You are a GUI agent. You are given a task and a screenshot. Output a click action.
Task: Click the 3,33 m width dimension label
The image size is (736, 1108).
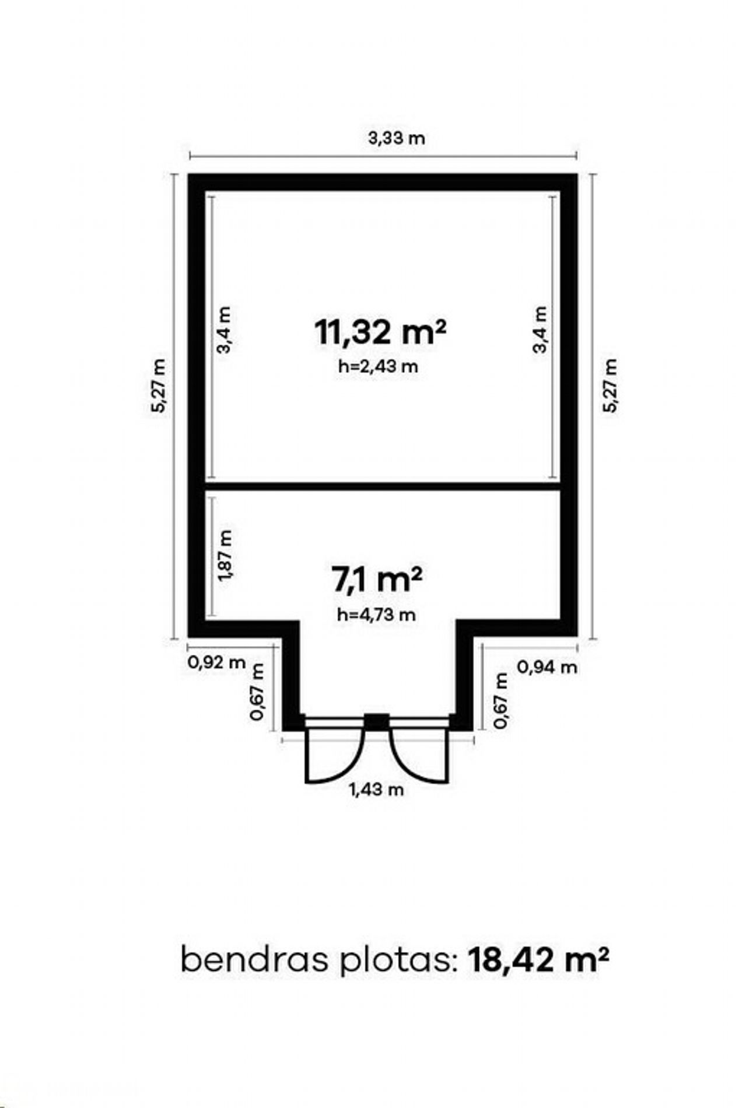coord(396,138)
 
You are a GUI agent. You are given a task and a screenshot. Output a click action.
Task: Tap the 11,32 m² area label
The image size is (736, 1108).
coord(380,332)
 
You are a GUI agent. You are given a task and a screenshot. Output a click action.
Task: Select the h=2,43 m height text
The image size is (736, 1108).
coord(378,367)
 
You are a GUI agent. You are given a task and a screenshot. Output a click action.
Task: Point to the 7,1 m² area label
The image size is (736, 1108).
coord(376,580)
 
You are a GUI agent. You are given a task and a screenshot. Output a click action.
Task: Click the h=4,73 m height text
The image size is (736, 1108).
coord(377,615)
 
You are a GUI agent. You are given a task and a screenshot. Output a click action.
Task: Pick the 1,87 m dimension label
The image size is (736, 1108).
coord(225,555)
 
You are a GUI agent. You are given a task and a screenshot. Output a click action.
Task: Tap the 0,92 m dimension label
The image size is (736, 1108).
coord(217,662)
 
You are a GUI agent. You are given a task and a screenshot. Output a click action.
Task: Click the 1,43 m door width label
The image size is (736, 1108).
coord(376,790)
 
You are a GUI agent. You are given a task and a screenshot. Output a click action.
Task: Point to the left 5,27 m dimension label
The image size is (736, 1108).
coord(158,385)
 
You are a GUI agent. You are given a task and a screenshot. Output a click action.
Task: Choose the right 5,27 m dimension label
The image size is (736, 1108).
coord(609,385)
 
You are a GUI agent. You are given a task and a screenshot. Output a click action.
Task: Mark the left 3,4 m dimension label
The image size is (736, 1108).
coord(225,330)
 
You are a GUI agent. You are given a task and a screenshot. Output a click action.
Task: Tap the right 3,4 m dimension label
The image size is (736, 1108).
coord(541,330)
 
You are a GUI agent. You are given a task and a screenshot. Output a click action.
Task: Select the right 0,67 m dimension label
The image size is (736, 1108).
coord(500,700)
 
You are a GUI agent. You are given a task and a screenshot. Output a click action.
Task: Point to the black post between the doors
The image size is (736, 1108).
coord(377,721)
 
